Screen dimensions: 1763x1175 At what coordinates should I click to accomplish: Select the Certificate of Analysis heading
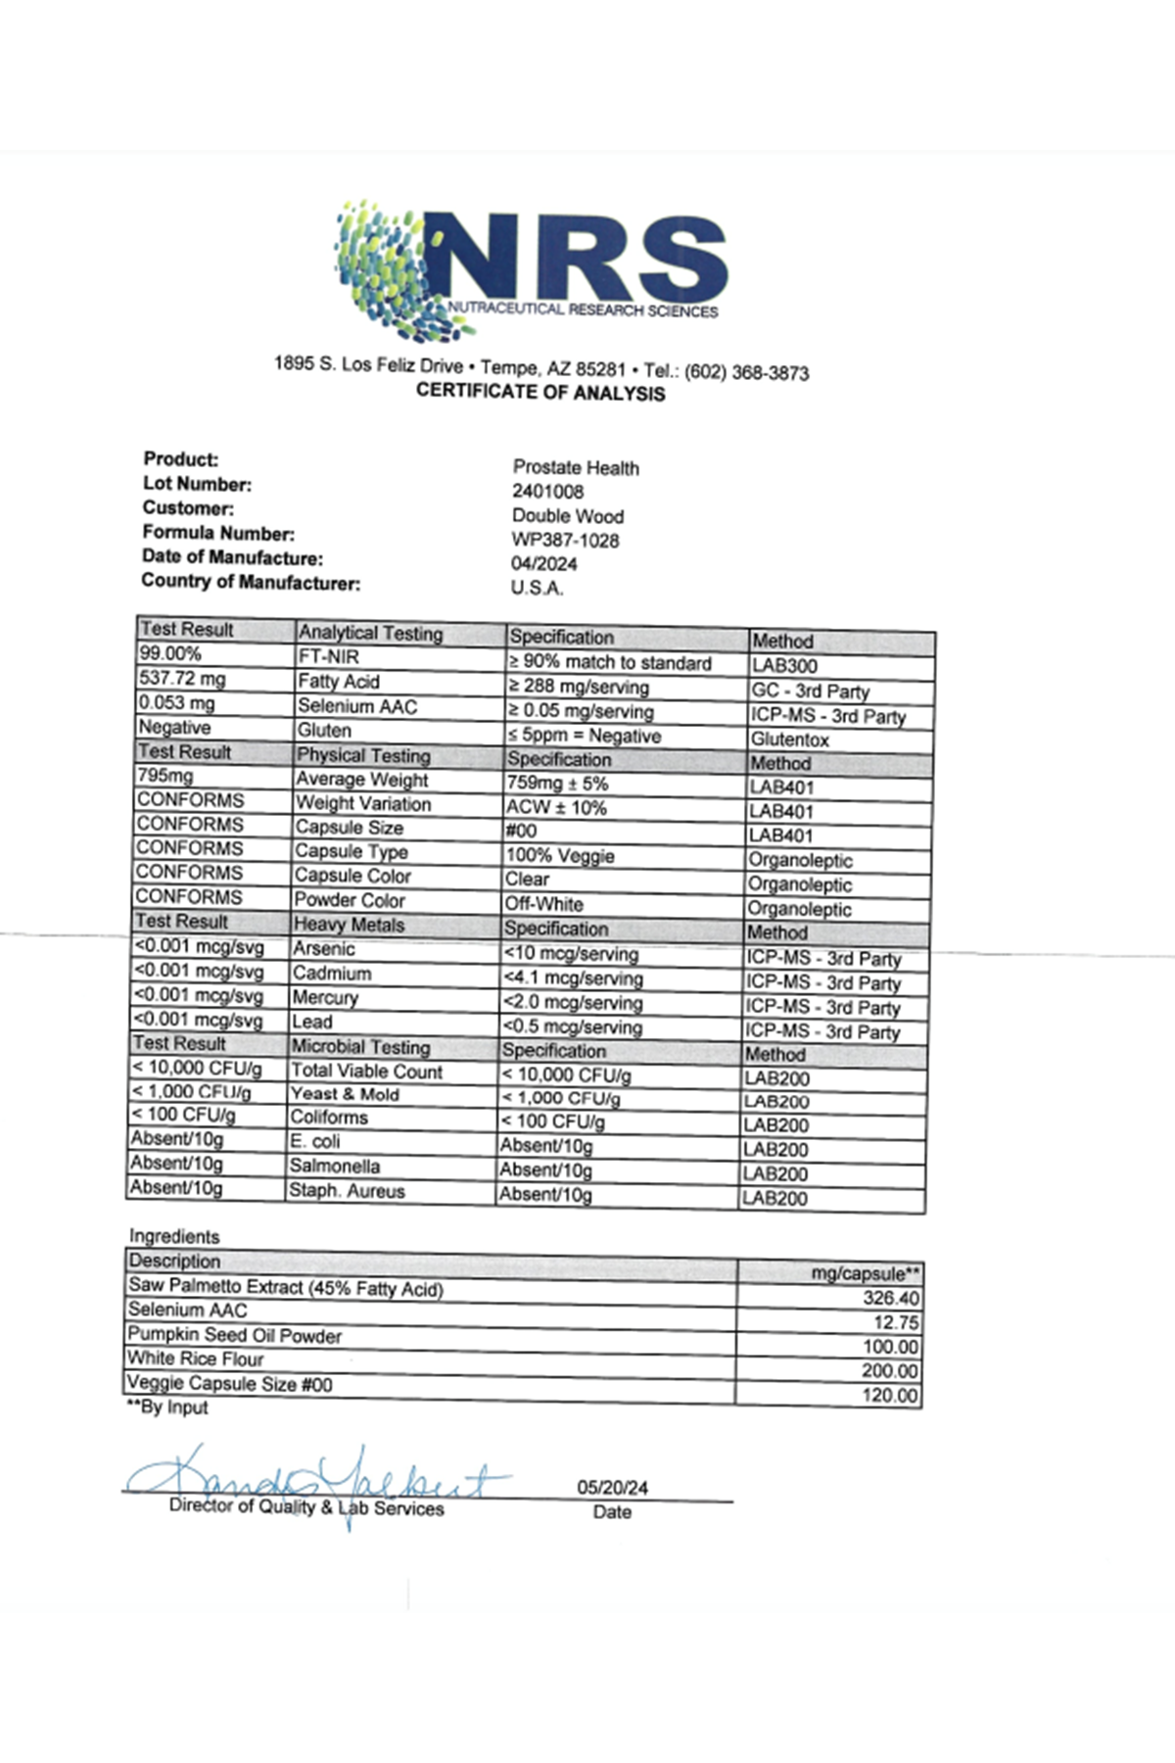click(540, 393)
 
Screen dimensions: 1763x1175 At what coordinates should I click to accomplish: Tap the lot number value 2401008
click(547, 492)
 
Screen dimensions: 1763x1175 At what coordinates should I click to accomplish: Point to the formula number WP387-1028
click(565, 540)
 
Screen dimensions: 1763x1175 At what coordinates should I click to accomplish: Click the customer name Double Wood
click(567, 516)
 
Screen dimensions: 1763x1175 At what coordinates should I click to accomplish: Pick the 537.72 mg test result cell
click(182, 678)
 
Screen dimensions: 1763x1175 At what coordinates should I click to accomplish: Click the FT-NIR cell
click(329, 657)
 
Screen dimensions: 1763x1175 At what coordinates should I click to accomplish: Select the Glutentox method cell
click(789, 739)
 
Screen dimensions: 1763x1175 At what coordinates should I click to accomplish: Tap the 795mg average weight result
click(165, 776)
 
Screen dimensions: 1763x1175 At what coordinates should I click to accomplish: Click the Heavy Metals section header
click(349, 924)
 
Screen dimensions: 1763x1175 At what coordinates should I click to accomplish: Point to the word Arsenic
click(323, 948)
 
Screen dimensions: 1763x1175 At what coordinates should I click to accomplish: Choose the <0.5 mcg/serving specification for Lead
click(572, 1026)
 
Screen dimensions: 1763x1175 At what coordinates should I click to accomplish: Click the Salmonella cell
click(334, 1166)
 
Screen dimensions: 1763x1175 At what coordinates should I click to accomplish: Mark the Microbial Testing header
click(360, 1046)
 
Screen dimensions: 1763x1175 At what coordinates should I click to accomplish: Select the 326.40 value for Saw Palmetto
click(891, 1298)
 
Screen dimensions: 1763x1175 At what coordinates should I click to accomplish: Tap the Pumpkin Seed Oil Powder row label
click(235, 1334)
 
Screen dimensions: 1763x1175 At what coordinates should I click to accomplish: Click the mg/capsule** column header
click(866, 1273)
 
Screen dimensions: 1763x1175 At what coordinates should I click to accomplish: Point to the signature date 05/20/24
click(612, 1487)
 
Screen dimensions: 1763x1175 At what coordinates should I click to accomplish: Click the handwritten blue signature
click(313, 1479)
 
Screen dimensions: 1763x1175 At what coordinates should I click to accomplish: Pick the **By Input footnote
click(167, 1407)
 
